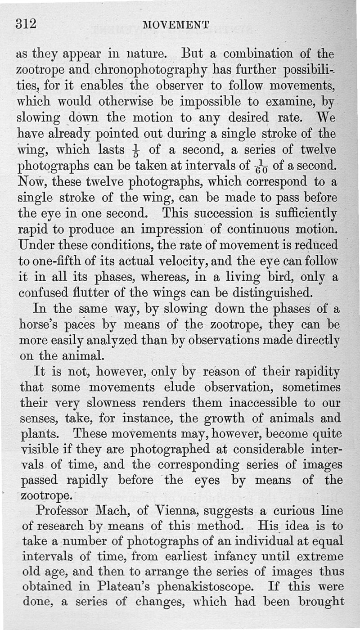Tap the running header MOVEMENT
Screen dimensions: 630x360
176,25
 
